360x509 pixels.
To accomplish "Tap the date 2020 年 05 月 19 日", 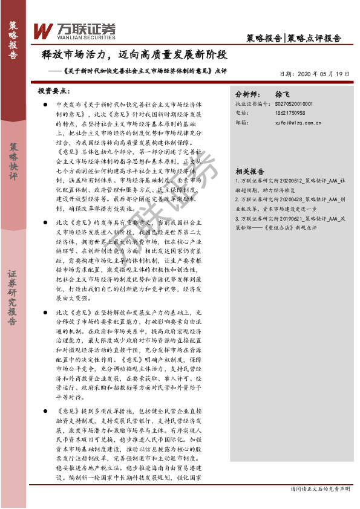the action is click(315, 74).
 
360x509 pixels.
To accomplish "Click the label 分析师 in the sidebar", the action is click(247, 96).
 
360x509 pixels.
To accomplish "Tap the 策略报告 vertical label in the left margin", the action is click(13, 40).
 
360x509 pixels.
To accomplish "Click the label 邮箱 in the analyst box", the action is click(241, 122).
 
